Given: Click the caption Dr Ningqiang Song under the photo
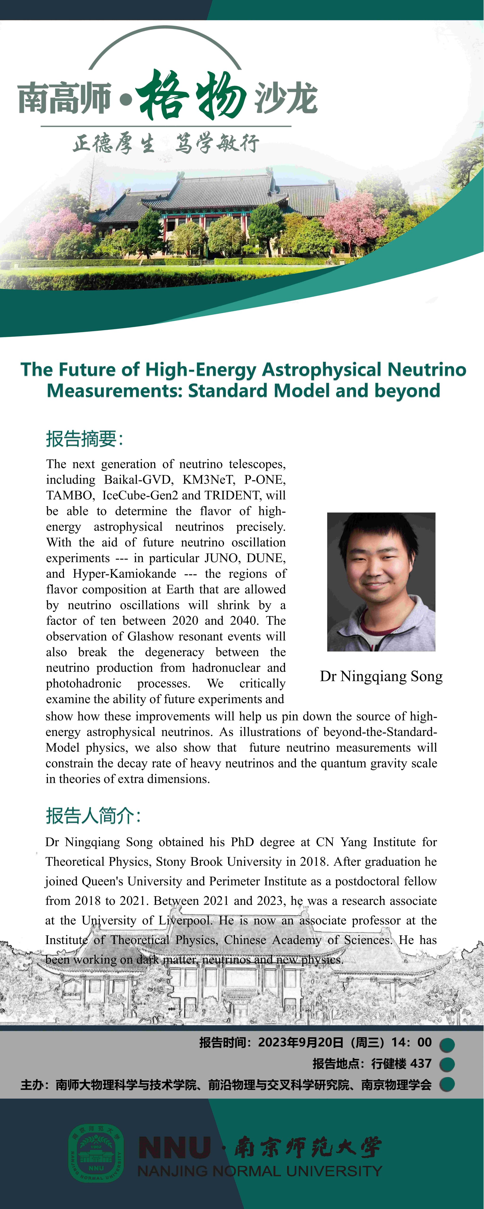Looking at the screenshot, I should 381,676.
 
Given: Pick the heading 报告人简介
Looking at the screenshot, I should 93,815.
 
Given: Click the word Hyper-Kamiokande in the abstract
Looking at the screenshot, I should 125,574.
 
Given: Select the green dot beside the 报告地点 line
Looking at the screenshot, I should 447,1064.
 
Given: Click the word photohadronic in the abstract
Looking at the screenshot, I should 84,683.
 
